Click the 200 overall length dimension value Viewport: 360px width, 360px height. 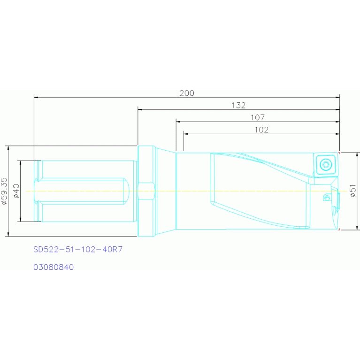click(187, 93)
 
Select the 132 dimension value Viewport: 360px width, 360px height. click(238, 106)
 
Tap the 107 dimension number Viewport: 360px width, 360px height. click(258, 117)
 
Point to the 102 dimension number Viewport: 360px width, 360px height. click(261, 130)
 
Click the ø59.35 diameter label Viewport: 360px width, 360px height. click(4, 191)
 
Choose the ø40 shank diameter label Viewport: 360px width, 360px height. click(16, 191)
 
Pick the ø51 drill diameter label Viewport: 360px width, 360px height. click(353, 191)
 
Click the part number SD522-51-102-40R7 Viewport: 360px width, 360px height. click(78, 249)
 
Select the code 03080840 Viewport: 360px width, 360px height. click(54, 267)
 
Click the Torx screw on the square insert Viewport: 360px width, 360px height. click(326, 165)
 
